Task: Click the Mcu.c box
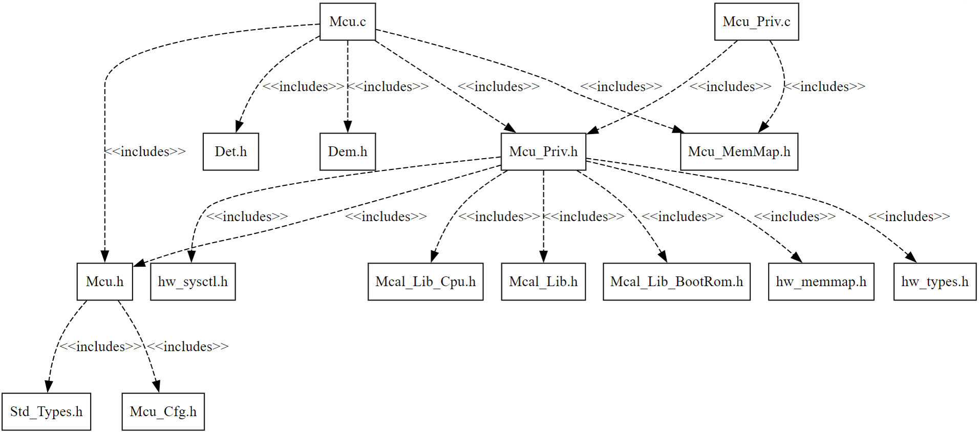point(348,21)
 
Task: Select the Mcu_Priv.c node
point(756,21)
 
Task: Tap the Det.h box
point(230,152)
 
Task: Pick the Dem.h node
point(348,152)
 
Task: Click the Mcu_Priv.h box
point(543,152)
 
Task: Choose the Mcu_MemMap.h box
point(739,152)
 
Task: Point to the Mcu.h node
point(104,282)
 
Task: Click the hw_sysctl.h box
point(193,282)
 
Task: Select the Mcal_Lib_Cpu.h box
point(425,282)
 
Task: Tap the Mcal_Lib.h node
point(543,282)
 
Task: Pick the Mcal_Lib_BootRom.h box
point(676,282)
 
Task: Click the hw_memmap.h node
point(821,282)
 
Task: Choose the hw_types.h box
point(934,282)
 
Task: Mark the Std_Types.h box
point(46,412)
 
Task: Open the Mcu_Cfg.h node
point(163,412)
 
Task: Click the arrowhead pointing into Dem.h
point(348,127)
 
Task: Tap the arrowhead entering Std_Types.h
point(48,387)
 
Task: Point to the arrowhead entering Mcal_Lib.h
point(543,257)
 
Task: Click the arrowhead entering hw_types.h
point(911,257)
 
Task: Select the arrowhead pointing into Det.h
point(239,127)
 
